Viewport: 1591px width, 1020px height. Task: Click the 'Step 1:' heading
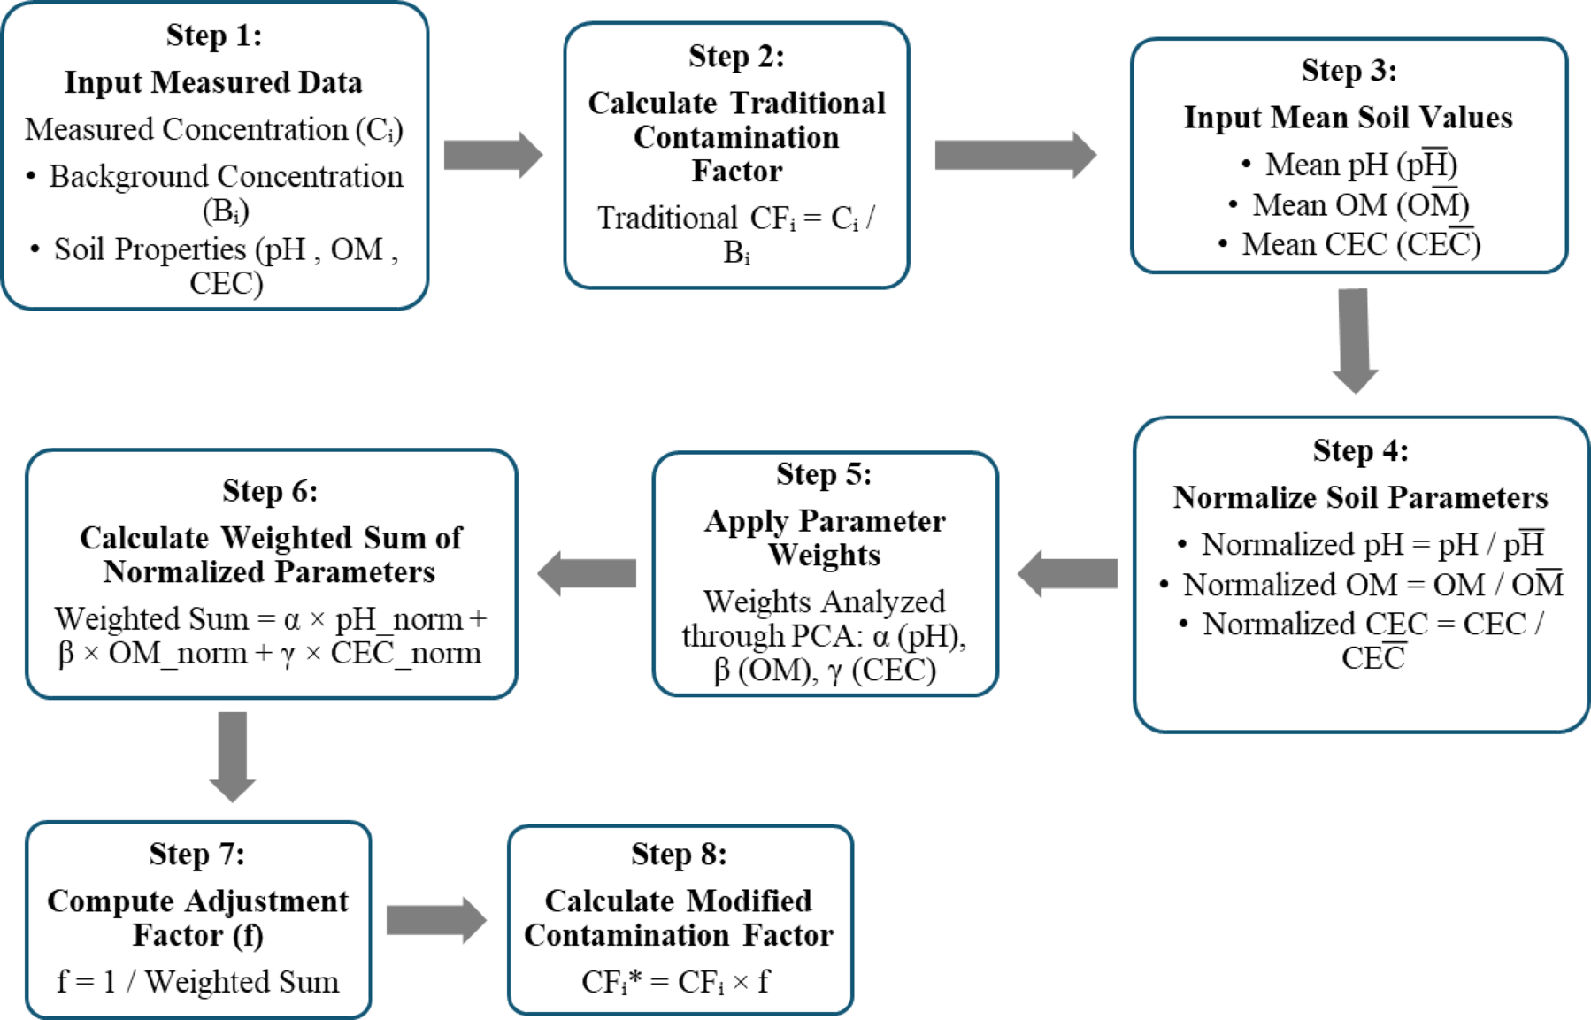click(213, 35)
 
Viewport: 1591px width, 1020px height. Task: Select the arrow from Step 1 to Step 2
click(492, 155)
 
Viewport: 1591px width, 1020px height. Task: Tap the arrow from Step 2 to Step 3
click(1014, 155)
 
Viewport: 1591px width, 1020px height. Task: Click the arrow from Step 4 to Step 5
click(1067, 573)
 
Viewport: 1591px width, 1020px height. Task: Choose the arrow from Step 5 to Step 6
click(587, 573)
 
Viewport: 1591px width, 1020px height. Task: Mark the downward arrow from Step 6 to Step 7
click(232, 755)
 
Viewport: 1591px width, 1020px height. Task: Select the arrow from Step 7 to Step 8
click(435, 920)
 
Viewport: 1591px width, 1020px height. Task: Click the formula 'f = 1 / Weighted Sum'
click(197, 982)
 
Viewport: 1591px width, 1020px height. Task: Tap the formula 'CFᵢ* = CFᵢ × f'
click(675, 982)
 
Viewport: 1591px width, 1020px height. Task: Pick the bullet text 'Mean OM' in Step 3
click(1360, 204)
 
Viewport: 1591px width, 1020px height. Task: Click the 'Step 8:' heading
click(679, 854)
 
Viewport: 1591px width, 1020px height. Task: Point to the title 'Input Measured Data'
click(213, 82)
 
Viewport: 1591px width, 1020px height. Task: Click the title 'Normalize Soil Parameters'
click(1360, 497)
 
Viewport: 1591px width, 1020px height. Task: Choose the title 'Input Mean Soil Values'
click(1348, 118)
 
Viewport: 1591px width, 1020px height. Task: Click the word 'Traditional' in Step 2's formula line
click(666, 218)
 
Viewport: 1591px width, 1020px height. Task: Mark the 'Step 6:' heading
click(270, 491)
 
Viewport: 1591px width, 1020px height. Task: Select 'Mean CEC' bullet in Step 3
click(1360, 244)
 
